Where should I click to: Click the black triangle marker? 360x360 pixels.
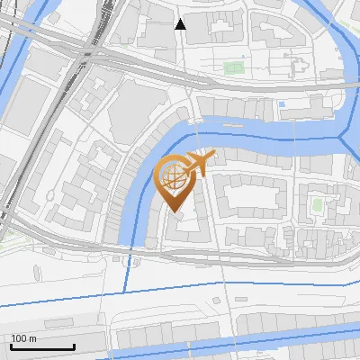pos(180,24)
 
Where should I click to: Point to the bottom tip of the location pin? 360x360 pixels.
pos(174,211)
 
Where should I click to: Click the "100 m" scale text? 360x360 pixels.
pos(24,338)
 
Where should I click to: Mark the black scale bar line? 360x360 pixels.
pos(42,347)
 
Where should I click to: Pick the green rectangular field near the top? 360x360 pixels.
pos(234,67)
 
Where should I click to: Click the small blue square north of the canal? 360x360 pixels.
pos(282,104)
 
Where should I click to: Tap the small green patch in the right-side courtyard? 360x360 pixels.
pos(317,203)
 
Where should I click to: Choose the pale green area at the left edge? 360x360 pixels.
pos(9,241)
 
